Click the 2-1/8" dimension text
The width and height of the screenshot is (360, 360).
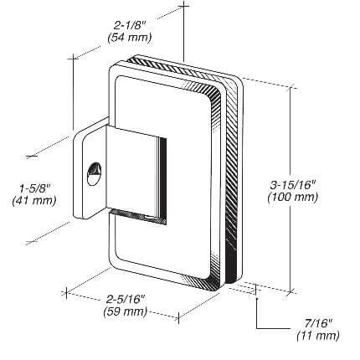point(130,25)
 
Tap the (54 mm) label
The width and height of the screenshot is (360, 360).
point(130,38)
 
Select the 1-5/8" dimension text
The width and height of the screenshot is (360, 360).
point(34,188)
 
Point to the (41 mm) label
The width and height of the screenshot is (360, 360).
point(34,201)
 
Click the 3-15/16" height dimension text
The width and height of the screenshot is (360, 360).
point(293,185)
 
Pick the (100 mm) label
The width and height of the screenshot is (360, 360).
point(293,197)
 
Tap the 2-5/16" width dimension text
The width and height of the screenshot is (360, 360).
point(126,299)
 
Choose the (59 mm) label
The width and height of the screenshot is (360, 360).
point(126,311)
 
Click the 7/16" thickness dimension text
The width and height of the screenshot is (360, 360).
point(318,323)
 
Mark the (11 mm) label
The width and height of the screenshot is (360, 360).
point(318,336)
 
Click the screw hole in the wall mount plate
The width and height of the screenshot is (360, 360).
point(94,173)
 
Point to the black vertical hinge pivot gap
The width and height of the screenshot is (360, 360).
point(163,180)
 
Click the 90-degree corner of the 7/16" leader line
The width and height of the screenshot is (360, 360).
point(257,328)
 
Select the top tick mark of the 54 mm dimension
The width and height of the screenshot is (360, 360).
point(183,6)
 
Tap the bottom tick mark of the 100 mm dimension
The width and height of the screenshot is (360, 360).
point(291,291)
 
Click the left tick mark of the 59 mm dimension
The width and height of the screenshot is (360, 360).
point(66,292)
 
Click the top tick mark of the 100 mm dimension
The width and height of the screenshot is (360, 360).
point(291,89)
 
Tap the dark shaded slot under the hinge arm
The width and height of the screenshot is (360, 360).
point(136,217)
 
